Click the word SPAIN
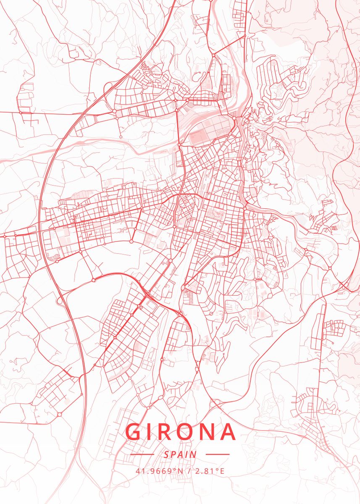pos(180,454)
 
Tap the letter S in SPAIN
pos(167,454)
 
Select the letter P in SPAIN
pos(173,454)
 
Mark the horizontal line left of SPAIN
pos(142,454)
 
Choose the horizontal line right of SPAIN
pos(218,454)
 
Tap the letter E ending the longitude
pos(222,471)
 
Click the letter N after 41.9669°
pos(181,471)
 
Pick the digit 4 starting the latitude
pos(137,471)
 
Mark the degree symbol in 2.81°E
pos(218,469)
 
